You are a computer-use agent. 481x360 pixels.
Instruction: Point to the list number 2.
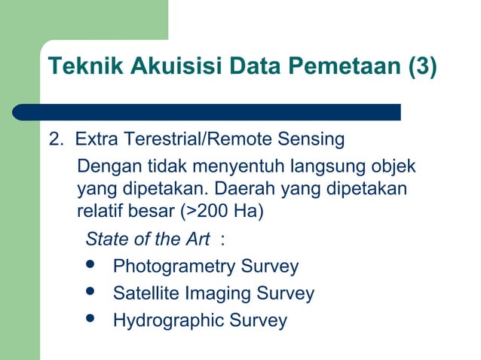pyautogui.click(x=54, y=139)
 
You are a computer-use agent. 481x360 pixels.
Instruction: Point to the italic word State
pyautogui.click(x=106, y=239)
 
